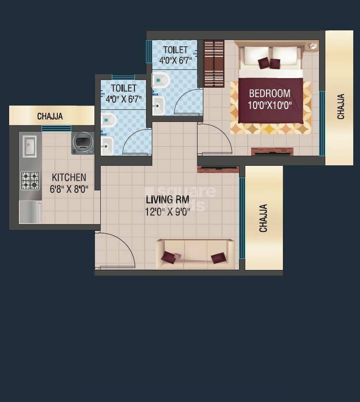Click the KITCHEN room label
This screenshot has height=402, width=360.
click(69, 177)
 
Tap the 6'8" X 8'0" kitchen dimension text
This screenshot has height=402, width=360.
click(69, 189)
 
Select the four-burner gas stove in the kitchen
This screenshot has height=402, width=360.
click(30, 181)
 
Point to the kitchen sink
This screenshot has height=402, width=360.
click(29, 146)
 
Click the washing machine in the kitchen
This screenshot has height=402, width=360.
click(83, 143)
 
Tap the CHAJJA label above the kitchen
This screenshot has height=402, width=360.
click(50, 116)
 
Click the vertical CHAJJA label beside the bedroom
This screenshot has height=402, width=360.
click(341, 107)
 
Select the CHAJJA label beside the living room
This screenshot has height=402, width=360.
click(264, 218)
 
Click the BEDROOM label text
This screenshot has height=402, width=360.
click(269, 94)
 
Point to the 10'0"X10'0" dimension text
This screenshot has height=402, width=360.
click(270, 105)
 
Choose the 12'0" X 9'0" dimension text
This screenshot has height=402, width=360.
click(168, 212)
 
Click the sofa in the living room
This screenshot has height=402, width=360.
click(195, 254)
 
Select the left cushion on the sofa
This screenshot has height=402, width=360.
click(170, 257)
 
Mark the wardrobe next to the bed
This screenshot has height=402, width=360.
click(214, 64)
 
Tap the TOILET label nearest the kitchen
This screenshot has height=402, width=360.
click(123, 88)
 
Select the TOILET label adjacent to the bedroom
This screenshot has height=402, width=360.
click(175, 50)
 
